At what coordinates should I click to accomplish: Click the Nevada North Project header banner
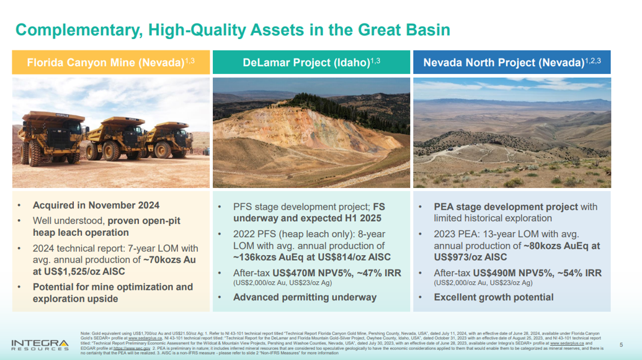coord(512,63)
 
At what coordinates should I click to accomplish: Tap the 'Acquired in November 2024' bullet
coord(96,205)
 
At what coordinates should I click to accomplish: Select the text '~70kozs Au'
coord(171,259)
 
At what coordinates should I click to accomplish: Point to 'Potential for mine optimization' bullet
coord(112,287)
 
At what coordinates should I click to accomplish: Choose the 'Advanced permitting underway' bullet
coord(305,297)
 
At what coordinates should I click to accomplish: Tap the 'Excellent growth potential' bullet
coord(493,297)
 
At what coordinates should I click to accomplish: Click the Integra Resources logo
coord(40,344)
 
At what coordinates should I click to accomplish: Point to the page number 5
coord(622,344)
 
